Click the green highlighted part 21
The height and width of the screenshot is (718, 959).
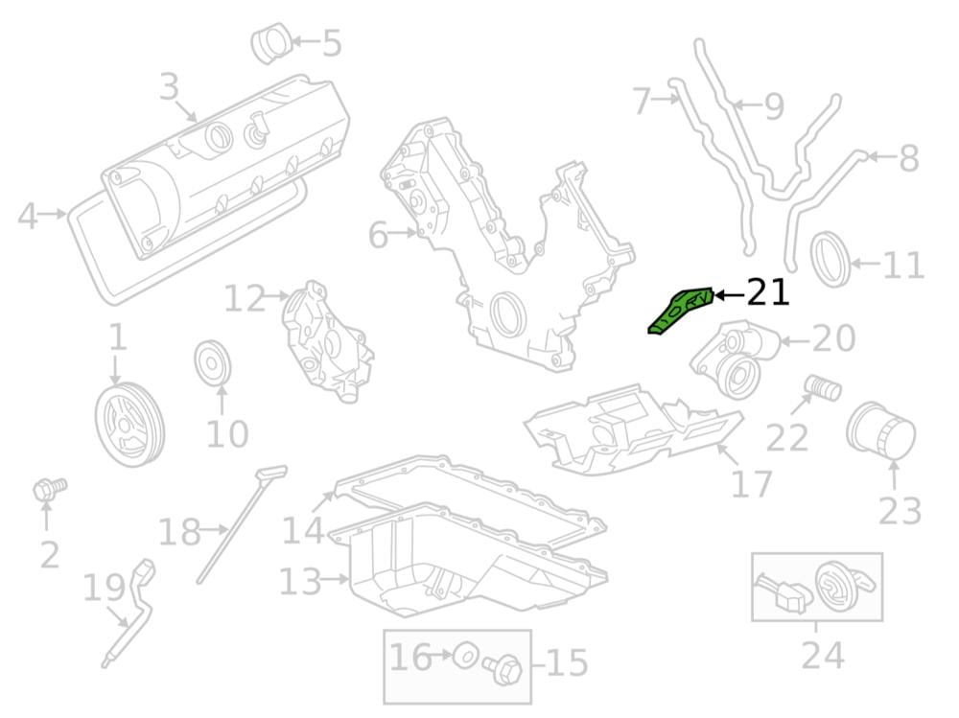(x=680, y=310)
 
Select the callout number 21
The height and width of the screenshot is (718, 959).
(x=768, y=292)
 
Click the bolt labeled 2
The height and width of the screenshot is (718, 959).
(x=49, y=488)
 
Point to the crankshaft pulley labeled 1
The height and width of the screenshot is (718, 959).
(x=129, y=423)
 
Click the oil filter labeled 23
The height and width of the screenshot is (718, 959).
(x=880, y=430)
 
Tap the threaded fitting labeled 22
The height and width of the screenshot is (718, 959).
(x=822, y=387)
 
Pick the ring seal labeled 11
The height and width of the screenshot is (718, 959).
(x=830, y=259)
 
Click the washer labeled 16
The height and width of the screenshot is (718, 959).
(x=464, y=655)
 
